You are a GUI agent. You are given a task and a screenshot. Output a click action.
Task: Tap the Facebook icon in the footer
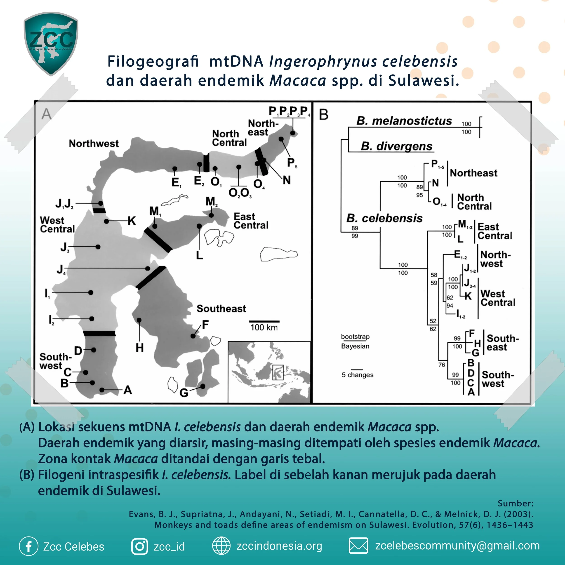(x=29, y=546)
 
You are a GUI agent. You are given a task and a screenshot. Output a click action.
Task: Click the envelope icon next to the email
(x=358, y=546)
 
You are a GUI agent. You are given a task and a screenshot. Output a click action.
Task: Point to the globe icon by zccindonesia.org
(x=221, y=546)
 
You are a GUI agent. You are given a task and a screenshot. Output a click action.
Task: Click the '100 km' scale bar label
(x=264, y=327)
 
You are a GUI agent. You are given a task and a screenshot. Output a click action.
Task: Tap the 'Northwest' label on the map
(x=94, y=144)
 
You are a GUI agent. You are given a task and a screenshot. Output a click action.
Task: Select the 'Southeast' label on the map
(x=221, y=308)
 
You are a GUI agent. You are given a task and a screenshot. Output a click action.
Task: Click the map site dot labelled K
(x=107, y=221)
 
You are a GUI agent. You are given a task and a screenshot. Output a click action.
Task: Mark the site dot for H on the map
(x=139, y=320)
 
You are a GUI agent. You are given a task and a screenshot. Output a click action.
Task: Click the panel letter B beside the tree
(x=323, y=114)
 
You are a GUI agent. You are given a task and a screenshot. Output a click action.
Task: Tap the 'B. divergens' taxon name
(x=397, y=146)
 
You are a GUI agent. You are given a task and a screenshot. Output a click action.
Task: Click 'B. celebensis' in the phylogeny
(x=384, y=218)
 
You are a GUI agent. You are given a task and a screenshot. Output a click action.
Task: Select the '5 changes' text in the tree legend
(x=357, y=375)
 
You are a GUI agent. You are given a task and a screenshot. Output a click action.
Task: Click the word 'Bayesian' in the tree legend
(x=355, y=346)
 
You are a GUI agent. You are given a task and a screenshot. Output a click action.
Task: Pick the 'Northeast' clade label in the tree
(x=473, y=173)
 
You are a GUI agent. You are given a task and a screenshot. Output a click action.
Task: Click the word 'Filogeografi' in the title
(x=153, y=62)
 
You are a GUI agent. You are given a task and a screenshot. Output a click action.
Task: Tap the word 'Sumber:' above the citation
(x=516, y=503)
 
